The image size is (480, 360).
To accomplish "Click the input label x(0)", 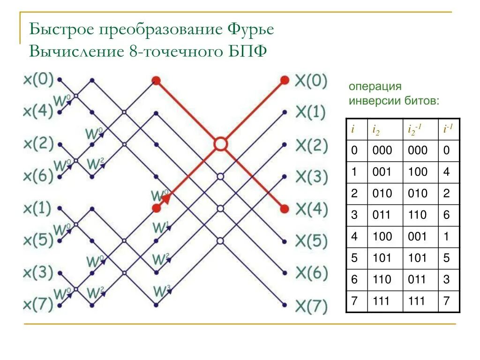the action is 38,79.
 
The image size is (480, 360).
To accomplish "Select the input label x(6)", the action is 38,176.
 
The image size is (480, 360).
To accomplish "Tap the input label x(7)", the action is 38,306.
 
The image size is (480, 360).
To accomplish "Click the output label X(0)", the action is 311,80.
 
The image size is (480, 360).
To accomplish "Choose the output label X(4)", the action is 311,210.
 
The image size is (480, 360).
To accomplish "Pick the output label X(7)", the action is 311,307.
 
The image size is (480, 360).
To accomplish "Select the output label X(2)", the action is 311,145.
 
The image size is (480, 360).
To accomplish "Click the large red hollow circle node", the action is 220,144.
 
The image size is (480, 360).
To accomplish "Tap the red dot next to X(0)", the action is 285,80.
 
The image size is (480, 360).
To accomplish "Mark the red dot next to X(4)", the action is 285,209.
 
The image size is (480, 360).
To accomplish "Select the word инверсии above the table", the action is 372,100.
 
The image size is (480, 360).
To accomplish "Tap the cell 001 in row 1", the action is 382,172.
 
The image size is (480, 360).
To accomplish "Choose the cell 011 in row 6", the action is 418,280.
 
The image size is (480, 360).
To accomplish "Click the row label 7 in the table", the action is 354,301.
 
